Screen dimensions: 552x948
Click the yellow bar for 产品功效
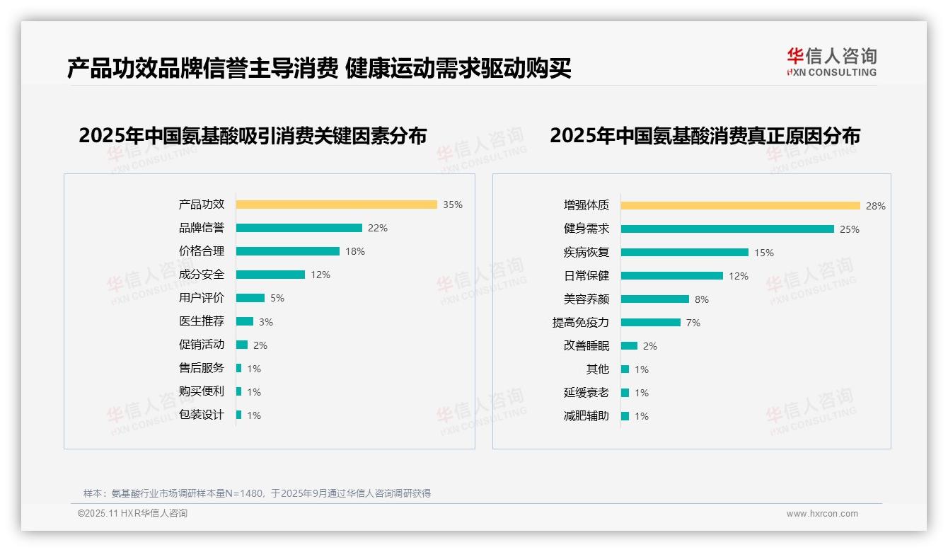click(x=336, y=205)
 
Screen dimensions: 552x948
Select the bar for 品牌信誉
click(x=299, y=228)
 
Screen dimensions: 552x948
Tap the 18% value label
click(x=355, y=251)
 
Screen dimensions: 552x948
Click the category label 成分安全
click(x=202, y=275)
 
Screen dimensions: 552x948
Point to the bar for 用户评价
click(x=250, y=298)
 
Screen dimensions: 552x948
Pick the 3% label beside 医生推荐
click(x=266, y=322)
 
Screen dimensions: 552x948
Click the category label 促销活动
click(x=202, y=345)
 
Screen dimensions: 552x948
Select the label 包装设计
click(x=202, y=415)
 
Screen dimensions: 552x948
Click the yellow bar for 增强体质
click(x=740, y=205)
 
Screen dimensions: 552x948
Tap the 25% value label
click(x=850, y=229)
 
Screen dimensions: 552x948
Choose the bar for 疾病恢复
click(x=684, y=252)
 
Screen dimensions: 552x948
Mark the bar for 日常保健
click(x=671, y=275)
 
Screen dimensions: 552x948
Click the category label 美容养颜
click(x=586, y=299)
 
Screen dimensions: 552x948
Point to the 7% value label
click(x=693, y=323)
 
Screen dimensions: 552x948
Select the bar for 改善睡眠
click(x=629, y=346)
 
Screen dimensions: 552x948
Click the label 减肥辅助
click(x=586, y=416)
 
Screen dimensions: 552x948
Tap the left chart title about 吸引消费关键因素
click(x=253, y=136)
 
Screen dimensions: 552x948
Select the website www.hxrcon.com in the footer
click(x=822, y=514)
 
